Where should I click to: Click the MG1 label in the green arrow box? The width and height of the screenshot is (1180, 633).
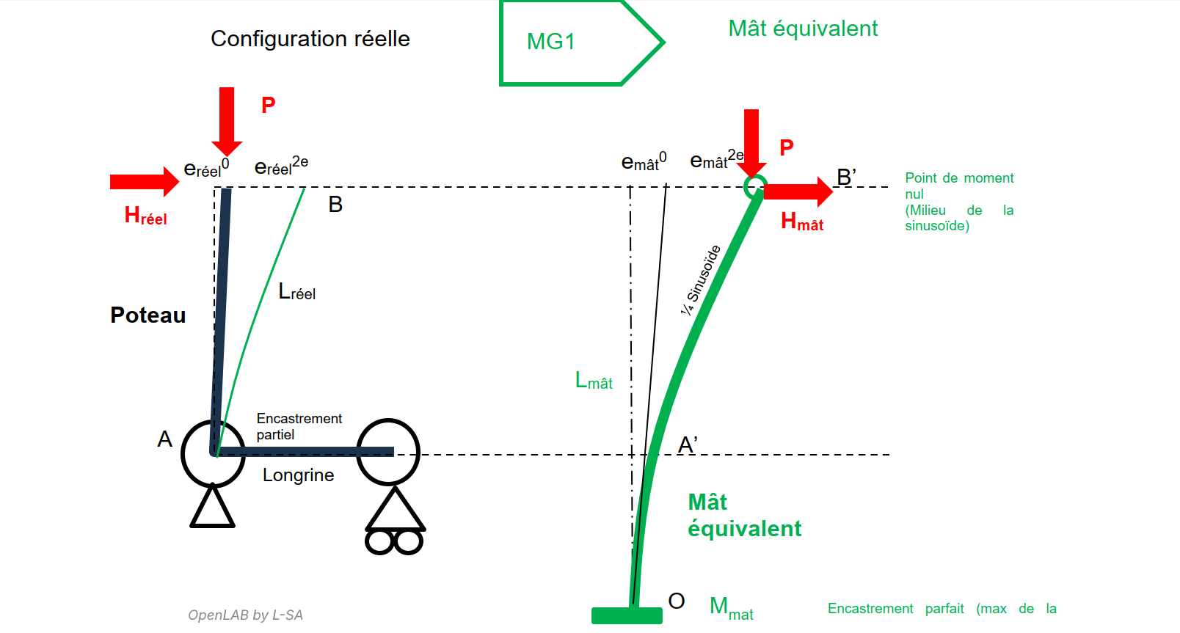pos(550,42)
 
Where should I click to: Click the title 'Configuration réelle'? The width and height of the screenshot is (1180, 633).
pos(310,39)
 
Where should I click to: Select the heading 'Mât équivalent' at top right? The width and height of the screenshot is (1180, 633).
pos(802,29)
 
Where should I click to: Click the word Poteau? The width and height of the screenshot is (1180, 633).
pos(147,315)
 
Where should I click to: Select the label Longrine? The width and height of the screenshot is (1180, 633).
pos(298,475)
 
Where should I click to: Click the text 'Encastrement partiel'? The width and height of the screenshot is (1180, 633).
pos(298,426)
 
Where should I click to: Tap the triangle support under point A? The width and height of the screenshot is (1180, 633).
pos(212,508)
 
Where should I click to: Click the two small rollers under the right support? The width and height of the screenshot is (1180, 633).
pos(394,543)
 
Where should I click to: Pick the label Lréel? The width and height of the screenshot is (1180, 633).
pos(296,293)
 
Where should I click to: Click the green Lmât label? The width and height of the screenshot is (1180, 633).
pos(593,381)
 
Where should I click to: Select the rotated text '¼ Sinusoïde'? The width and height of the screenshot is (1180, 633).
pos(700,280)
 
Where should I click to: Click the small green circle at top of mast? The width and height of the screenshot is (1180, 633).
pos(754,186)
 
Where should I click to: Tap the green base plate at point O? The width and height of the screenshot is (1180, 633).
pos(627,615)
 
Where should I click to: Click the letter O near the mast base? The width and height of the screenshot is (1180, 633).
pos(676,601)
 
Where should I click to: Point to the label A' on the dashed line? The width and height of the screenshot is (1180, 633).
pos(687,444)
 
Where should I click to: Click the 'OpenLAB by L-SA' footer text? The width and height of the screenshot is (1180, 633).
pos(245,615)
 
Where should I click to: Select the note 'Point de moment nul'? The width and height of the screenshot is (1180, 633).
pos(958,186)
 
